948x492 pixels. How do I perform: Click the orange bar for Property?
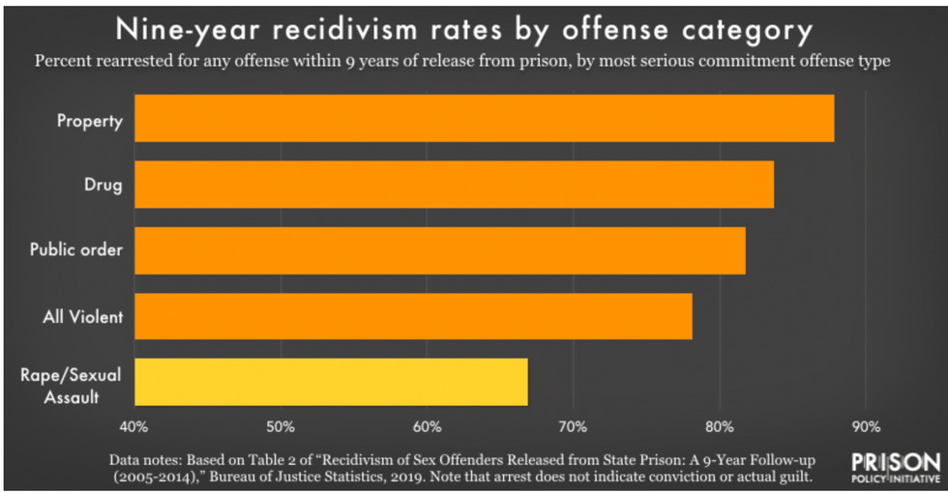(484, 118)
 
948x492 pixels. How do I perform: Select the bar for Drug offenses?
(454, 185)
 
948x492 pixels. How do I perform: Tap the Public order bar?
(439, 250)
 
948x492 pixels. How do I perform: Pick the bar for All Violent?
(413, 316)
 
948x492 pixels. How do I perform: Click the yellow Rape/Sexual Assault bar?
(331, 381)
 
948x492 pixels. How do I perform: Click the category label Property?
(89, 121)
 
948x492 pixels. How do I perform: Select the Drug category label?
(104, 186)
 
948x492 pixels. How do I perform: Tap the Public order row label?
(76, 249)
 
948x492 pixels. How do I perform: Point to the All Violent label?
(84, 315)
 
